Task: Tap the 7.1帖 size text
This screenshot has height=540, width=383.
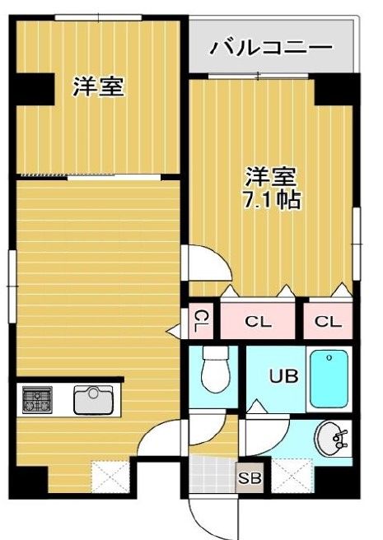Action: coord(272,199)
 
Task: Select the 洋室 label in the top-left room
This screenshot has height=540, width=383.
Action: coord(98,86)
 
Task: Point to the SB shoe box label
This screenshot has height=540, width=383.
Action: coord(247,478)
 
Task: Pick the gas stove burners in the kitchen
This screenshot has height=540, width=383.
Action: coord(37,400)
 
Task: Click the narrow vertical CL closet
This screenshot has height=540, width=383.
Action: coord(200,320)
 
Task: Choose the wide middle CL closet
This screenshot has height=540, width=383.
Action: coord(258,321)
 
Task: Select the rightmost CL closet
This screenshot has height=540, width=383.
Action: coord(328,321)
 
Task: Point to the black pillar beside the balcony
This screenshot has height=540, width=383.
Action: coord(334,89)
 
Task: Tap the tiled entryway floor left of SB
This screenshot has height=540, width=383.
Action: coord(210,475)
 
